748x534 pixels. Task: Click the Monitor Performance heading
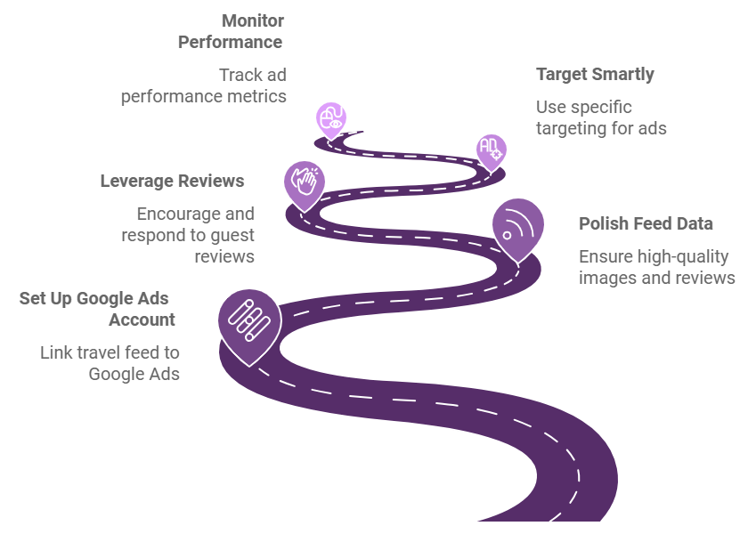coord(231,31)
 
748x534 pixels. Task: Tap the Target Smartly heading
coord(595,75)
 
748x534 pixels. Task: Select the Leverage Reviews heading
coord(172,182)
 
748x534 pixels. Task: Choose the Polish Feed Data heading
coord(646,223)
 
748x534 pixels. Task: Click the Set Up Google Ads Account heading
coord(97,309)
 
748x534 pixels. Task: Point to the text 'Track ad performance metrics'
coord(204,85)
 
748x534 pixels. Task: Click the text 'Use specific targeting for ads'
coord(601,117)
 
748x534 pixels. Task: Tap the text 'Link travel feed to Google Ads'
coord(110,363)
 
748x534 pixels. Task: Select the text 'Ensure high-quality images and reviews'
coord(657,267)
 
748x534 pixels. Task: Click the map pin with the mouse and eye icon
coord(331,120)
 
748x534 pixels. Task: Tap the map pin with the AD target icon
coord(492,152)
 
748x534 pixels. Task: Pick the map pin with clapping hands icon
coord(305,185)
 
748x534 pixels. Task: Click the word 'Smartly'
coord(622,75)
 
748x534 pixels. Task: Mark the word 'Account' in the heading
coord(142,320)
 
